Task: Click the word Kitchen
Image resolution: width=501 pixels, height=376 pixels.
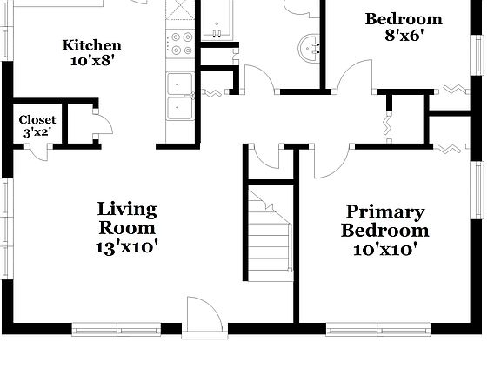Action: (x=91, y=45)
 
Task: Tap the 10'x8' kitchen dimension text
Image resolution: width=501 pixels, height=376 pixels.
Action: (x=91, y=61)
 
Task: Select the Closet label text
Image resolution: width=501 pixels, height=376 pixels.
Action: (x=37, y=120)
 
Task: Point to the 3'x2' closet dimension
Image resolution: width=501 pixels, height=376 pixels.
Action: (x=37, y=133)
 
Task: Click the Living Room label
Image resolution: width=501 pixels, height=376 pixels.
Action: (x=127, y=218)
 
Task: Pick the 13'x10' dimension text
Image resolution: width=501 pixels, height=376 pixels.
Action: (x=127, y=247)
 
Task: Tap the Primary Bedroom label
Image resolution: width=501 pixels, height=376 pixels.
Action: (x=384, y=221)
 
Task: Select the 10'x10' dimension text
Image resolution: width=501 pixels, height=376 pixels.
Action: (x=384, y=250)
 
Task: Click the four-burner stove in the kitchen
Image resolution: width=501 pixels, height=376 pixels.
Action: (x=181, y=44)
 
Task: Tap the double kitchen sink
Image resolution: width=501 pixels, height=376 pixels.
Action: (x=181, y=96)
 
